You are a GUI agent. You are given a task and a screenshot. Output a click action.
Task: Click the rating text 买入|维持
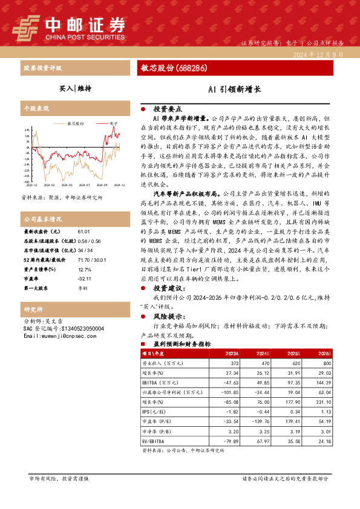pos(76,88)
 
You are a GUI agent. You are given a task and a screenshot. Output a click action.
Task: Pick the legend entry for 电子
pos(113,122)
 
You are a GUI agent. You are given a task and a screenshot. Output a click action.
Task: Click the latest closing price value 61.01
pos(83,232)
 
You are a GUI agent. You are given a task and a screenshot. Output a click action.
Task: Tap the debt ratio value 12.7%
pos(84,269)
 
